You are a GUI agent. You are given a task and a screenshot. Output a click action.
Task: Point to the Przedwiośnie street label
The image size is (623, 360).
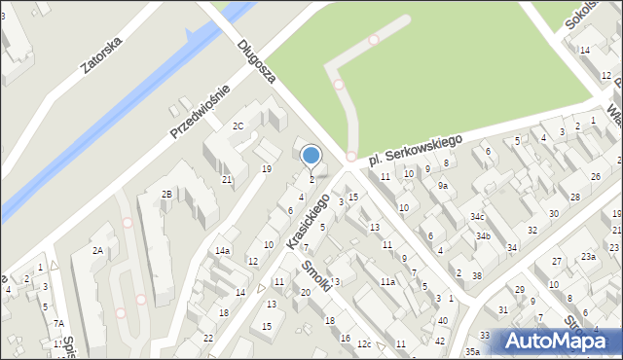point(201,111)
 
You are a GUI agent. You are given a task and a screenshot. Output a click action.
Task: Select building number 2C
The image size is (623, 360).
point(238,126)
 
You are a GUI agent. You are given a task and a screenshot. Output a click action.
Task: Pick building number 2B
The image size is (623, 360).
point(166,195)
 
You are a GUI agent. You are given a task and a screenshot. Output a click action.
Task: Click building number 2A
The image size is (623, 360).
point(97,250)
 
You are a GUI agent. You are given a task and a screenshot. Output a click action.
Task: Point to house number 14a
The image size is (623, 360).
point(223,250)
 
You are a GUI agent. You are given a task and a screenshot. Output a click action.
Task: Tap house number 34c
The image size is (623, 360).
point(477,216)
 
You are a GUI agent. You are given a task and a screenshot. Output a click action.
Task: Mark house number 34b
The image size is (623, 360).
point(483,235)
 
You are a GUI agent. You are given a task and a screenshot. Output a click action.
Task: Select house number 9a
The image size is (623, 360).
point(442,185)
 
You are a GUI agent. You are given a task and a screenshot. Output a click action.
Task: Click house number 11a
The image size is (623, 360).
point(387,281)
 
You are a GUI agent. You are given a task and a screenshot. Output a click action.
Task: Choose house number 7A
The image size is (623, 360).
point(58,323)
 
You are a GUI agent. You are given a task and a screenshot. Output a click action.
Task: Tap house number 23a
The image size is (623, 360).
point(588,256)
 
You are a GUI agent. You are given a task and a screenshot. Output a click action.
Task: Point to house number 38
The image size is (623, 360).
point(476,275)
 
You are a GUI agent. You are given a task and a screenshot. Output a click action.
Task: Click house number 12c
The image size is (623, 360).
point(364,343)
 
